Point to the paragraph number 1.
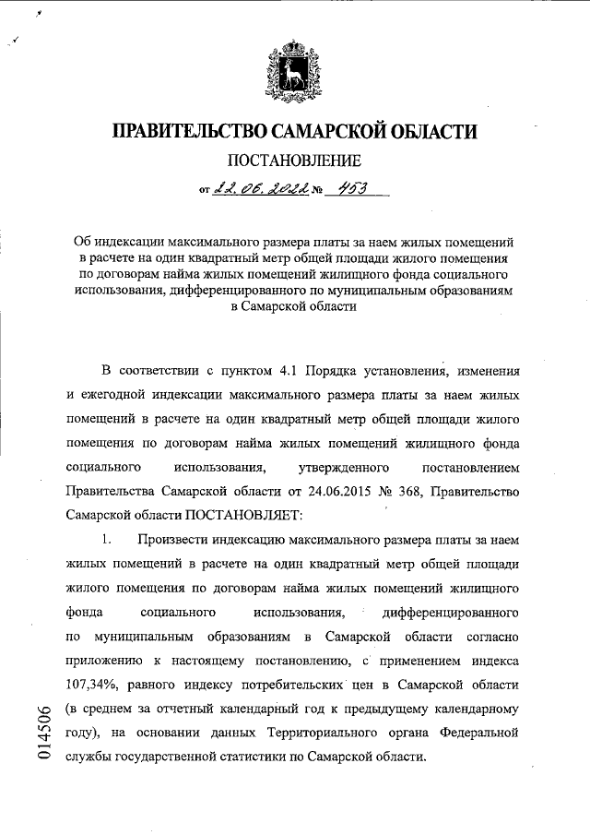point(108,538)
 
